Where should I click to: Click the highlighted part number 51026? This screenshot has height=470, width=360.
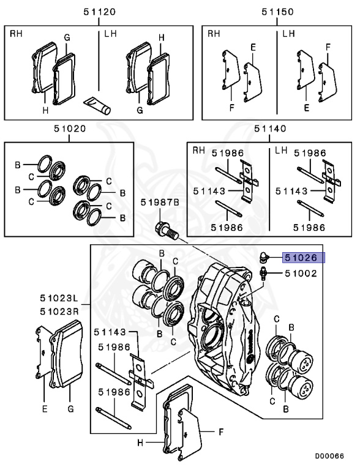click(x=301, y=258)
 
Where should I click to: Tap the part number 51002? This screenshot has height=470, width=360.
click(x=301, y=274)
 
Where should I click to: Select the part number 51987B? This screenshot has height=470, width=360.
click(x=160, y=203)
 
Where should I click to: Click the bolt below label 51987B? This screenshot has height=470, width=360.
click(x=167, y=231)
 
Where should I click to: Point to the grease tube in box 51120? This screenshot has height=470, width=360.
click(x=97, y=105)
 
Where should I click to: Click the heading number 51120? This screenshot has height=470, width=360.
click(x=99, y=12)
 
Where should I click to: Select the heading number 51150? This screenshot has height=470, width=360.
click(x=277, y=12)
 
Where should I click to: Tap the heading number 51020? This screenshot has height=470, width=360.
click(x=70, y=129)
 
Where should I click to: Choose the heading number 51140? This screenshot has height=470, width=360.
click(x=270, y=129)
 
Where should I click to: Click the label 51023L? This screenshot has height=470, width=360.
click(x=59, y=298)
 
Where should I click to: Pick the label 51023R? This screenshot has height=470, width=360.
click(x=59, y=311)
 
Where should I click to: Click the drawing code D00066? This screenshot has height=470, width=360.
click(x=329, y=456)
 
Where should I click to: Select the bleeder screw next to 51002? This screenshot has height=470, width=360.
click(x=263, y=274)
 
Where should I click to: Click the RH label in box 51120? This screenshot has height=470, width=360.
click(x=16, y=33)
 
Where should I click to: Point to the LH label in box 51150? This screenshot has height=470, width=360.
click(x=288, y=33)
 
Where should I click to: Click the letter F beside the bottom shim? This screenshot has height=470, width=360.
click(x=221, y=432)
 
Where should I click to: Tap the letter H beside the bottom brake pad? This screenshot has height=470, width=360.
click(x=140, y=442)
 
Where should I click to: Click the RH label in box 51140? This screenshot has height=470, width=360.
click(x=198, y=150)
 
